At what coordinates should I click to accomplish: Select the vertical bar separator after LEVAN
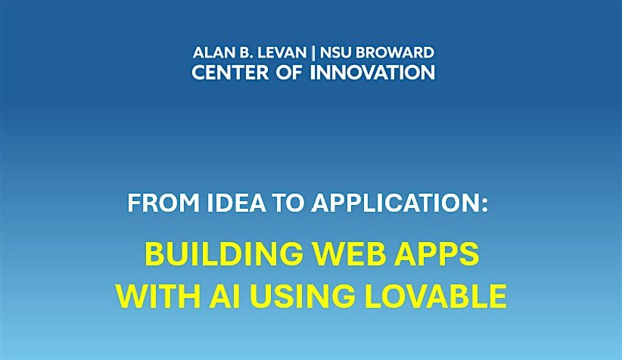[313, 53]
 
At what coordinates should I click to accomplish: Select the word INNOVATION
[372, 73]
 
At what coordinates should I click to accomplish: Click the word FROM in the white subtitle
[163, 203]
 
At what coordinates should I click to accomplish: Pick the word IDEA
[236, 203]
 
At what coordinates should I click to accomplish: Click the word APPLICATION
[395, 203]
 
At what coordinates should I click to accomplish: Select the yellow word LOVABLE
[436, 296]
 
